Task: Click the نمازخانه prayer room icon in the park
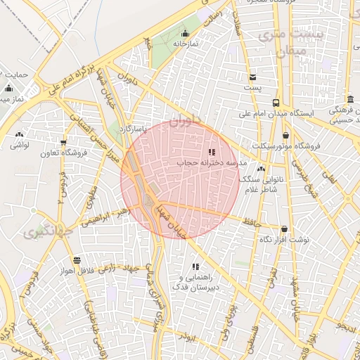[185, 34]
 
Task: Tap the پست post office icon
[252, 77]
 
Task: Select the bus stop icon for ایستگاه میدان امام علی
[276, 102]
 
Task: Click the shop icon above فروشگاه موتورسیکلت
[285, 135]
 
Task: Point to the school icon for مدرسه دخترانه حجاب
[212, 152]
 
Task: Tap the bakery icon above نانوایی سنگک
[262, 169]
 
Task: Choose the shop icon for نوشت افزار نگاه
[284, 229]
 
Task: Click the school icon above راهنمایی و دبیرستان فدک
[195, 266]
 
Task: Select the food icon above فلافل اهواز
[77, 259]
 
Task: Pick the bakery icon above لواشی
[19, 134]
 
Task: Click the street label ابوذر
[186, 337]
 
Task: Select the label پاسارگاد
[132, 129]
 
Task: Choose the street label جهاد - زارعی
[118, 267]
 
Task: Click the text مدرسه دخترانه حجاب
[208, 163]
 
